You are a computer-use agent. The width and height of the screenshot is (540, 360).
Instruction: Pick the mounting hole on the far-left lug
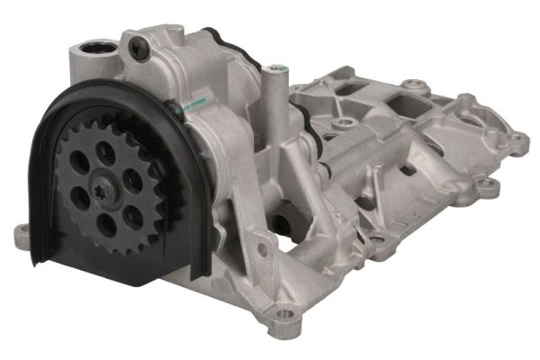tap(22, 236)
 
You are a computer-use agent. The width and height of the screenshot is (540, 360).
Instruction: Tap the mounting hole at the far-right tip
tap(519, 141)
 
